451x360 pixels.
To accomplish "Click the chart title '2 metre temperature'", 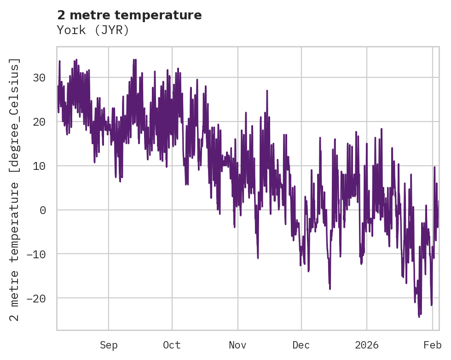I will (x=129, y=15).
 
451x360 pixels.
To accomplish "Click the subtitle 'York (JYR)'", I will (x=93, y=30).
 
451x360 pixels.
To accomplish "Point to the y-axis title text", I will (x=16, y=189).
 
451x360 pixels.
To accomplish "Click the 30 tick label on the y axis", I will (x=39, y=77).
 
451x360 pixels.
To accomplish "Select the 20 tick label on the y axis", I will (x=39, y=122).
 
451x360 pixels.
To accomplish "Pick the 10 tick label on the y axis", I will (x=39, y=166).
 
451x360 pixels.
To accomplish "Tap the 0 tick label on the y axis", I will (x=42, y=210).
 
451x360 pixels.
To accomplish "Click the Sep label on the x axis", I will (x=109, y=345).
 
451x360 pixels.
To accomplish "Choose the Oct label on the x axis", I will (x=172, y=345).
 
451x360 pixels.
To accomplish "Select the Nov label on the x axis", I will (x=238, y=345).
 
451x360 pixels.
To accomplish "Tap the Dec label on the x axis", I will (x=301, y=345).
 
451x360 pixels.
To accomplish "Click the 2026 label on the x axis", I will (x=367, y=345).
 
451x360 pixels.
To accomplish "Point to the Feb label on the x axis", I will (x=433, y=345).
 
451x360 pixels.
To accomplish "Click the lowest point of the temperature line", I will (x=419, y=317).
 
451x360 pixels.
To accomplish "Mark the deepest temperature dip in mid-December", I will (x=330, y=289).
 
